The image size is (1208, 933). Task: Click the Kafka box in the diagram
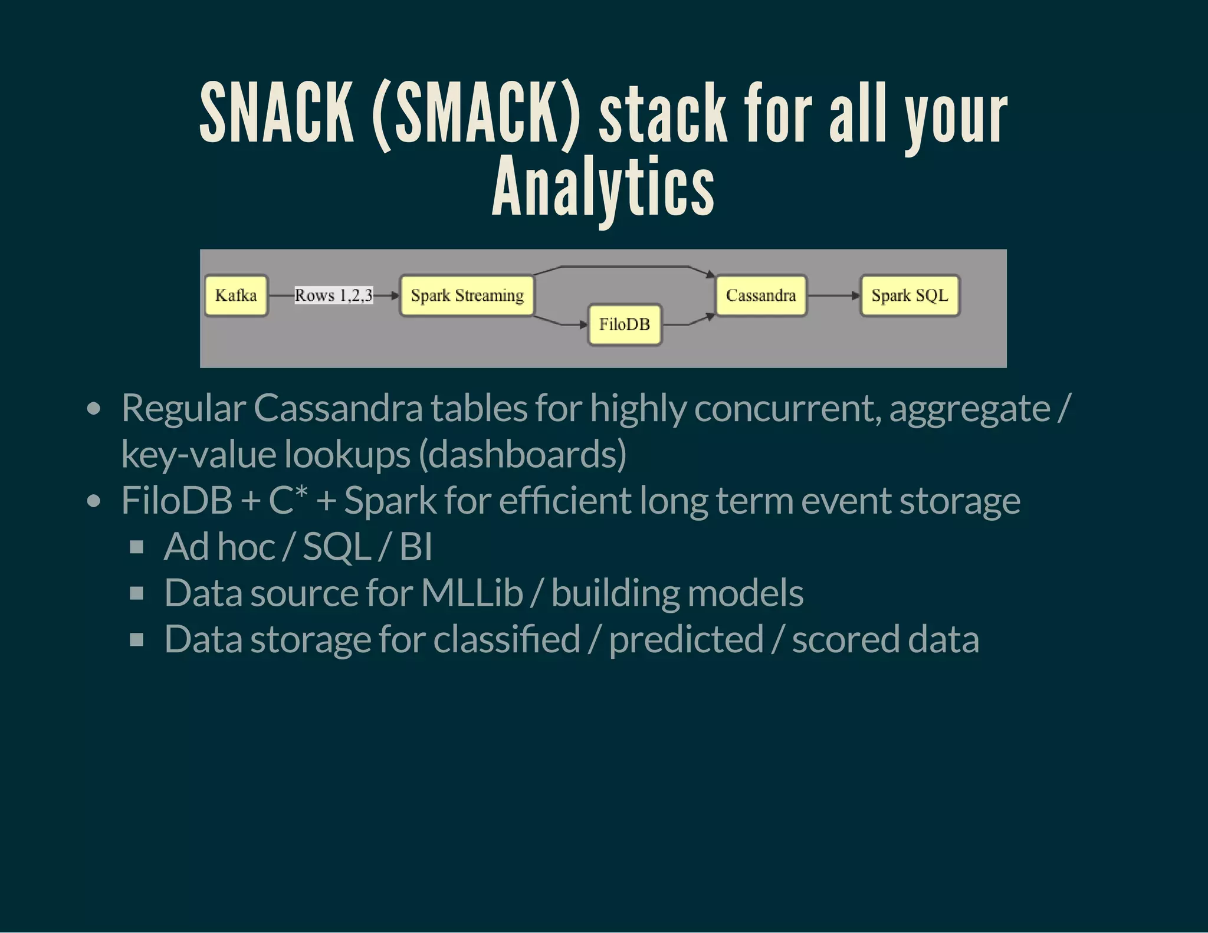point(236,295)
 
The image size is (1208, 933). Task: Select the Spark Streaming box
point(467,295)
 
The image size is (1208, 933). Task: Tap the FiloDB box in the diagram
point(625,324)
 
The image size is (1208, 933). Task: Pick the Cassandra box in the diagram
point(761,295)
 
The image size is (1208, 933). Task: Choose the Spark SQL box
point(910,295)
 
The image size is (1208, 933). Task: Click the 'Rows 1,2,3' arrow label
point(333,295)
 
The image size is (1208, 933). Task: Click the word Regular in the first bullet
point(183,408)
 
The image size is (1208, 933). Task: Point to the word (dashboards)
point(522,454)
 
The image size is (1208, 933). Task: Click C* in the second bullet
point(287,500)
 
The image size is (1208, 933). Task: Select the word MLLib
point(472,593)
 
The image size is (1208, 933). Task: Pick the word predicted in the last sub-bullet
point(686,639)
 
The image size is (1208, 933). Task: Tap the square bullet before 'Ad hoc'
point(137,547)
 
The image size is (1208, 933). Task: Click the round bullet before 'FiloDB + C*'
point(93,501)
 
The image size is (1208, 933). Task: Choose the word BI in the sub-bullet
point(416,547)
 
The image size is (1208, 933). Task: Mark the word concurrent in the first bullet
point(787,408)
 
